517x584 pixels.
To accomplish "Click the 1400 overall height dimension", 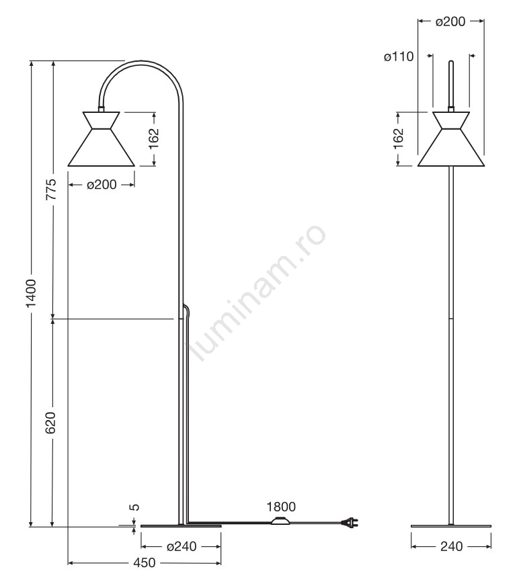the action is (x=31, y=293).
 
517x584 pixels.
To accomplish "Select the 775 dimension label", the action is (x=51, y=190).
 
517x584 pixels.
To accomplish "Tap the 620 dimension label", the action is (x=50, y=423).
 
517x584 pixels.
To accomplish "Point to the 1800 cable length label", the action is (x=281, y=507).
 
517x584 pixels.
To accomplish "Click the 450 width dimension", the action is (x=144, y=562).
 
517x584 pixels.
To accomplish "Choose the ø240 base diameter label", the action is (x=182, y=546).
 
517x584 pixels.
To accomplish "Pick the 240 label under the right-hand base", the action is (x=451, y=546).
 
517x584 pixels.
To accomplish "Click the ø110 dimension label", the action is (x=399, y=56).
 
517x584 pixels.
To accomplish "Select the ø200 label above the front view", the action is (x=450, y=22).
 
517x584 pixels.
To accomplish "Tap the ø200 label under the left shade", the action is (x=102, y=184).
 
